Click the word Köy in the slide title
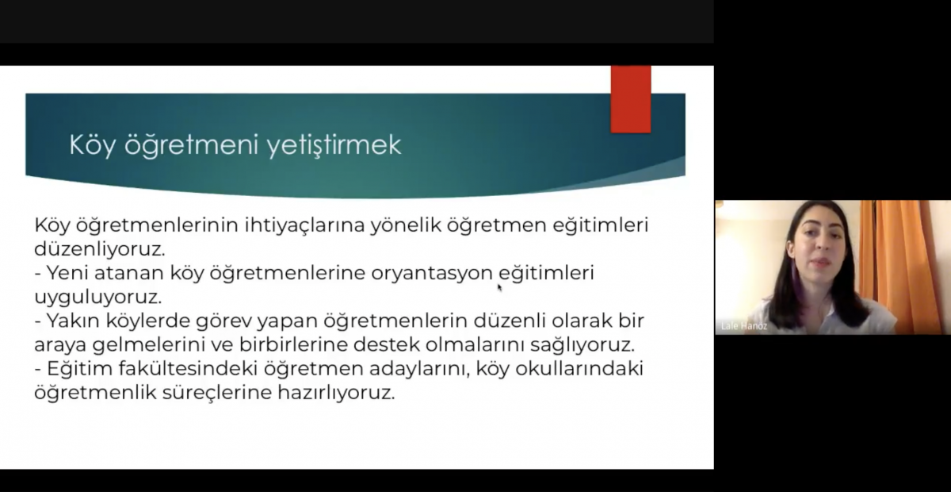[92, 145]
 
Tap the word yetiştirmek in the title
[334, 145]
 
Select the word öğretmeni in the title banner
[192, 145]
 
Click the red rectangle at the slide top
[631, 99]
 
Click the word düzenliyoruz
[100, 249]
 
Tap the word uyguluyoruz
[98, 297]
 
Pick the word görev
[223, 321]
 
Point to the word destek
[387, 344]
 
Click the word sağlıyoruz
[582, 345]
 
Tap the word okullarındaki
[579, 369]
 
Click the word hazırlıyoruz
[336, 393]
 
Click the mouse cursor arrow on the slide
[500, 288]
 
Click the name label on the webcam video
[744, 327]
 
